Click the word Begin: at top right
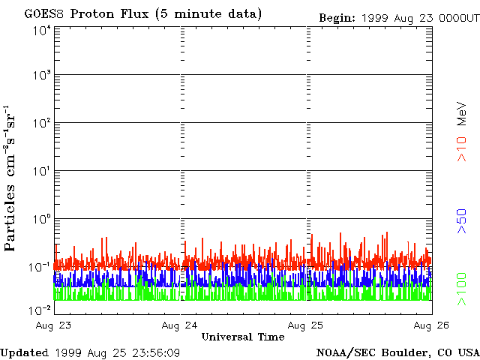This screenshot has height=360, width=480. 337,18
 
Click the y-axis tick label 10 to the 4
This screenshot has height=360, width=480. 40,31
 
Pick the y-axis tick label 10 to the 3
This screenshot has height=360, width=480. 40,76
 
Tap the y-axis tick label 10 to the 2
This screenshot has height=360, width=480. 40,124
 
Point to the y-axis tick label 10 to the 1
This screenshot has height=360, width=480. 40,172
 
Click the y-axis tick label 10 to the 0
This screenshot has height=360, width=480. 40,220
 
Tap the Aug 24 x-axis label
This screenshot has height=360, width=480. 181,325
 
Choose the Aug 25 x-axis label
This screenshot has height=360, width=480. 306,325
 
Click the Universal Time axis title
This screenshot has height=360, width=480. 243,337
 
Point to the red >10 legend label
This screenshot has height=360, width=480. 463,148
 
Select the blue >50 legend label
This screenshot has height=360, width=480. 463,222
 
